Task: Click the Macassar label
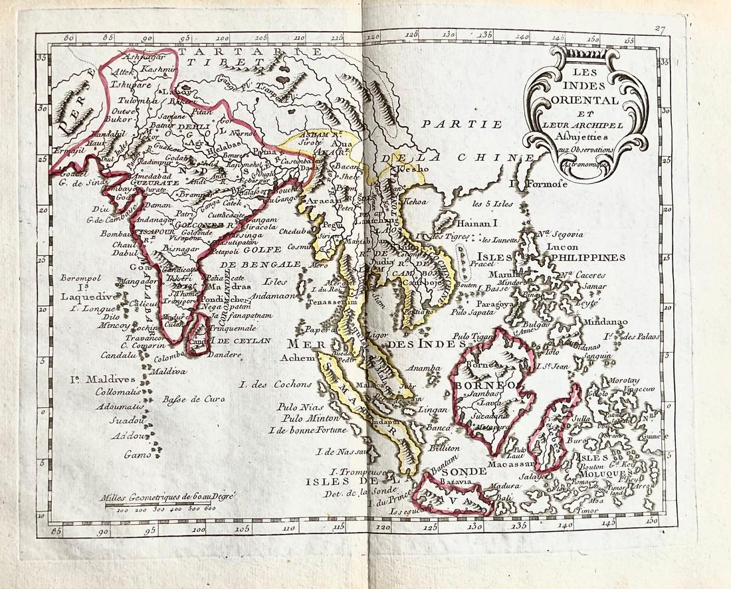pyautogui.click(x=491, y=463)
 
